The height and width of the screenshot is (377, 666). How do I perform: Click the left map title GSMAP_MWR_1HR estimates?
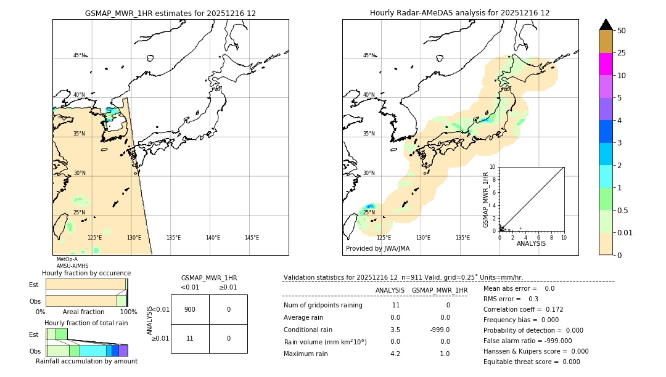tap(170, 13)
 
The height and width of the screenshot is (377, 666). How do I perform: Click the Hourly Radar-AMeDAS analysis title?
tap(459, 13)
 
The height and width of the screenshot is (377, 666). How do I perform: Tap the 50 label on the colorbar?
tap(622, 31)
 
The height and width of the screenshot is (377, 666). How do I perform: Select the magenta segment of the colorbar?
tap(606, 64)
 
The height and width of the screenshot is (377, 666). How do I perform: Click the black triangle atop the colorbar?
tap(606, 25)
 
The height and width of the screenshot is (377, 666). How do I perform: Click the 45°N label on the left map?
tap(79, 55)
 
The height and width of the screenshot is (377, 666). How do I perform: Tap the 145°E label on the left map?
tap(252, 238)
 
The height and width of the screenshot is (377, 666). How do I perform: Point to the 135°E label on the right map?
tap(462, 238)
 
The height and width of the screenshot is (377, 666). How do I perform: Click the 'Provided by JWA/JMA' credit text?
tap(377, 248)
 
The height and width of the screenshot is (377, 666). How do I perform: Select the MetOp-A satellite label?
tap(67, 259)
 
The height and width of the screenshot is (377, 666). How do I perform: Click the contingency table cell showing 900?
tap(190, 309)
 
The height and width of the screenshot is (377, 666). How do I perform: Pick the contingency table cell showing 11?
tap(190, 338)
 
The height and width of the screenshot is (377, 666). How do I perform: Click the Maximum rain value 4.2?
tap(395, 354)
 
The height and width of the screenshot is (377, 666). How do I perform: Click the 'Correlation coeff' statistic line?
tap(523, 309)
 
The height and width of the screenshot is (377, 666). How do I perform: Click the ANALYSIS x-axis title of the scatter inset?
tap(531, 243)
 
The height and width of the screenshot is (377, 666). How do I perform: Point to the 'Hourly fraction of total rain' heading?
tap(86, 323)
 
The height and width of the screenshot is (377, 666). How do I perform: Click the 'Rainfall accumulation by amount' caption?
tap(86, 362)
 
